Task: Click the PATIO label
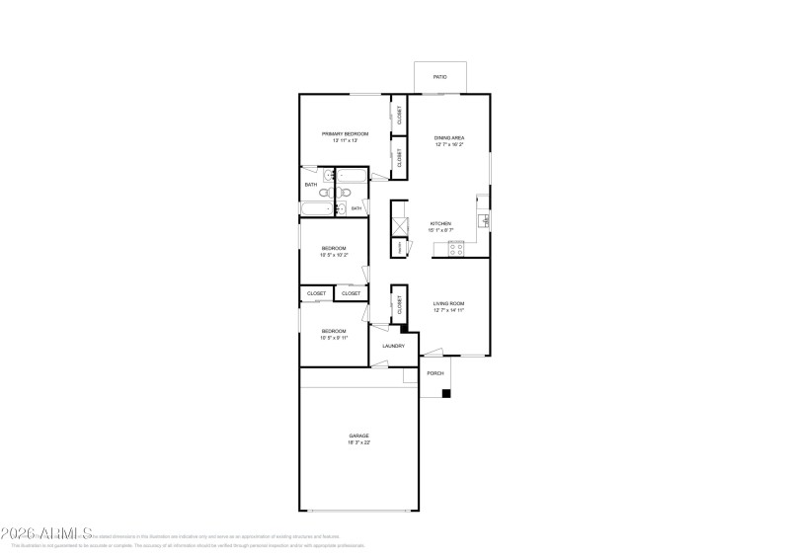[x=440, y=77]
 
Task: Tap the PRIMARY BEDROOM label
[x=345, y=133]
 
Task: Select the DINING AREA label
[x=449, y=137]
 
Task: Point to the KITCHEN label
[x=440, y=223]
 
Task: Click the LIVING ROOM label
[x=448, y=303]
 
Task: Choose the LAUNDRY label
[x=393, y=346]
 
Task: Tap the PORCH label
[x=434, y=373]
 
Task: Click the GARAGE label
[x=358, y=436]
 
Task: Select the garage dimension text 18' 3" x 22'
[x=358, y=442]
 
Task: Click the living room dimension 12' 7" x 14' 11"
[x=448, y=310]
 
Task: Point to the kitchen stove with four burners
[x=456, y=249]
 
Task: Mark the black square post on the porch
[x=446, y=393]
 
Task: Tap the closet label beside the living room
[x=400, y=306]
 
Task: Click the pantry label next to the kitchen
[x=399, y=248]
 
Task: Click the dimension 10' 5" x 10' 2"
[x=334, y=255]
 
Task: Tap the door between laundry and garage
[x=379, y=364]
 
